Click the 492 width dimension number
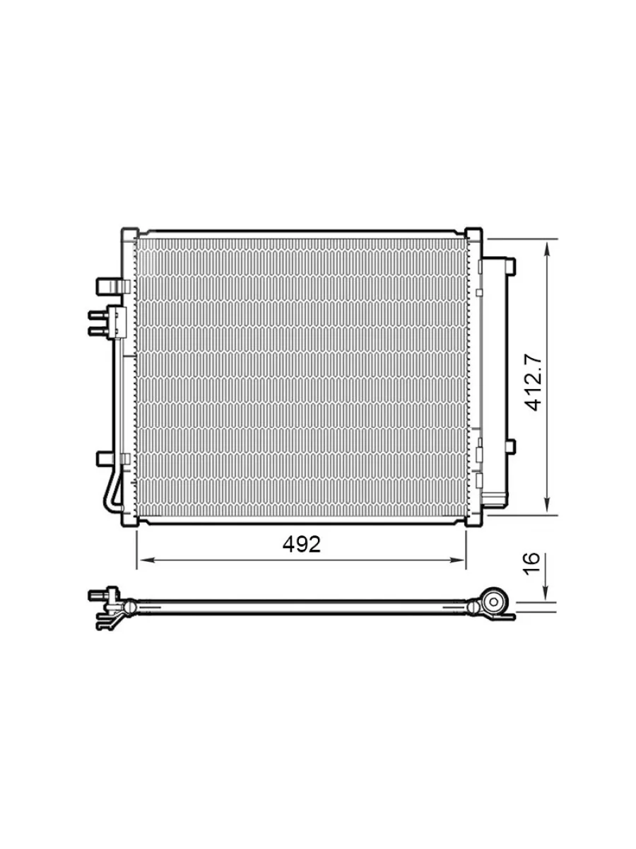point(301,545)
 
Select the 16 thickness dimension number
point(533,564)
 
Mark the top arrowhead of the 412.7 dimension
point(547,249)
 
